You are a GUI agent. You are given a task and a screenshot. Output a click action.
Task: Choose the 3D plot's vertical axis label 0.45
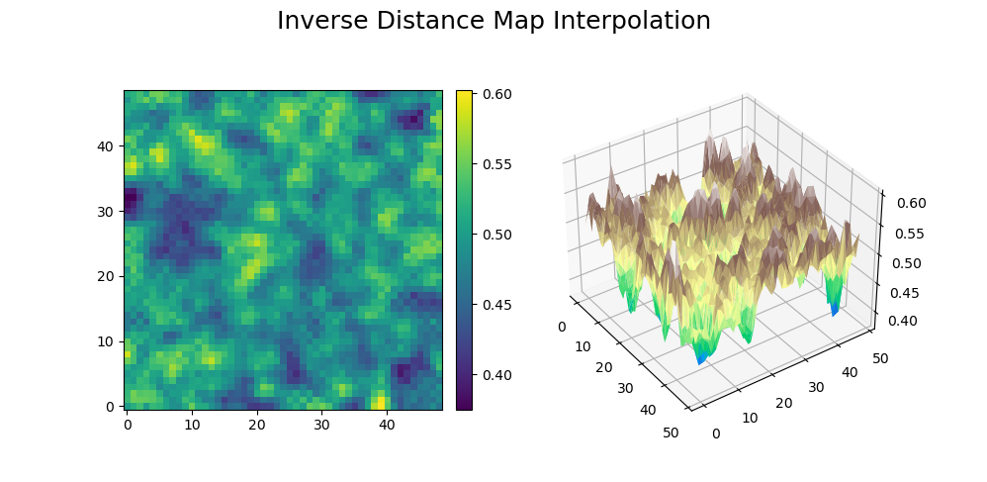tap(902, 293)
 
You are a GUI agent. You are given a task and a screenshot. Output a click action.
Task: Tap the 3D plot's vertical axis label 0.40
tap(901, 321)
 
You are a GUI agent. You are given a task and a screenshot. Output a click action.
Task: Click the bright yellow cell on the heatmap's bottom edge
tap(381, 403)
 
